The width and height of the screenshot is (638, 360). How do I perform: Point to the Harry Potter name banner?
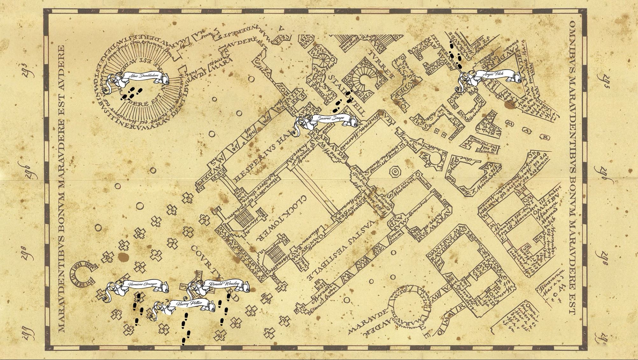tap(188, 304)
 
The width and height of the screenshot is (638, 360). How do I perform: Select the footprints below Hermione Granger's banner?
tap(138, 309)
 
